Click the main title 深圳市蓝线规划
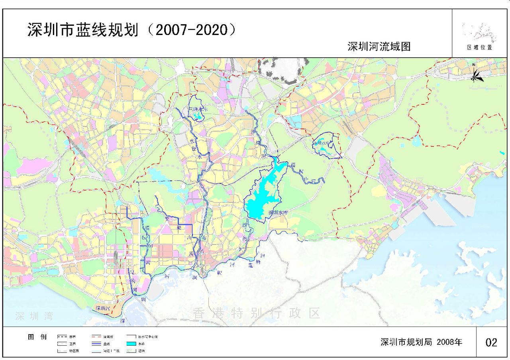83,30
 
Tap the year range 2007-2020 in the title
191,30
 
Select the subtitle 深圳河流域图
379,47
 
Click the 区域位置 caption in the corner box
480,47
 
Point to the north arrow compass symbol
476,74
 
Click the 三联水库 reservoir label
196,109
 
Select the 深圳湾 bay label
34,317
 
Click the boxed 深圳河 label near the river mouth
104,308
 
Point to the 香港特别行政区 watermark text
257,313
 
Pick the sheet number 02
491,342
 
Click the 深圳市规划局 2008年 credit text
421,342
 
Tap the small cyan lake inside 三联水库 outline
196,117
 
